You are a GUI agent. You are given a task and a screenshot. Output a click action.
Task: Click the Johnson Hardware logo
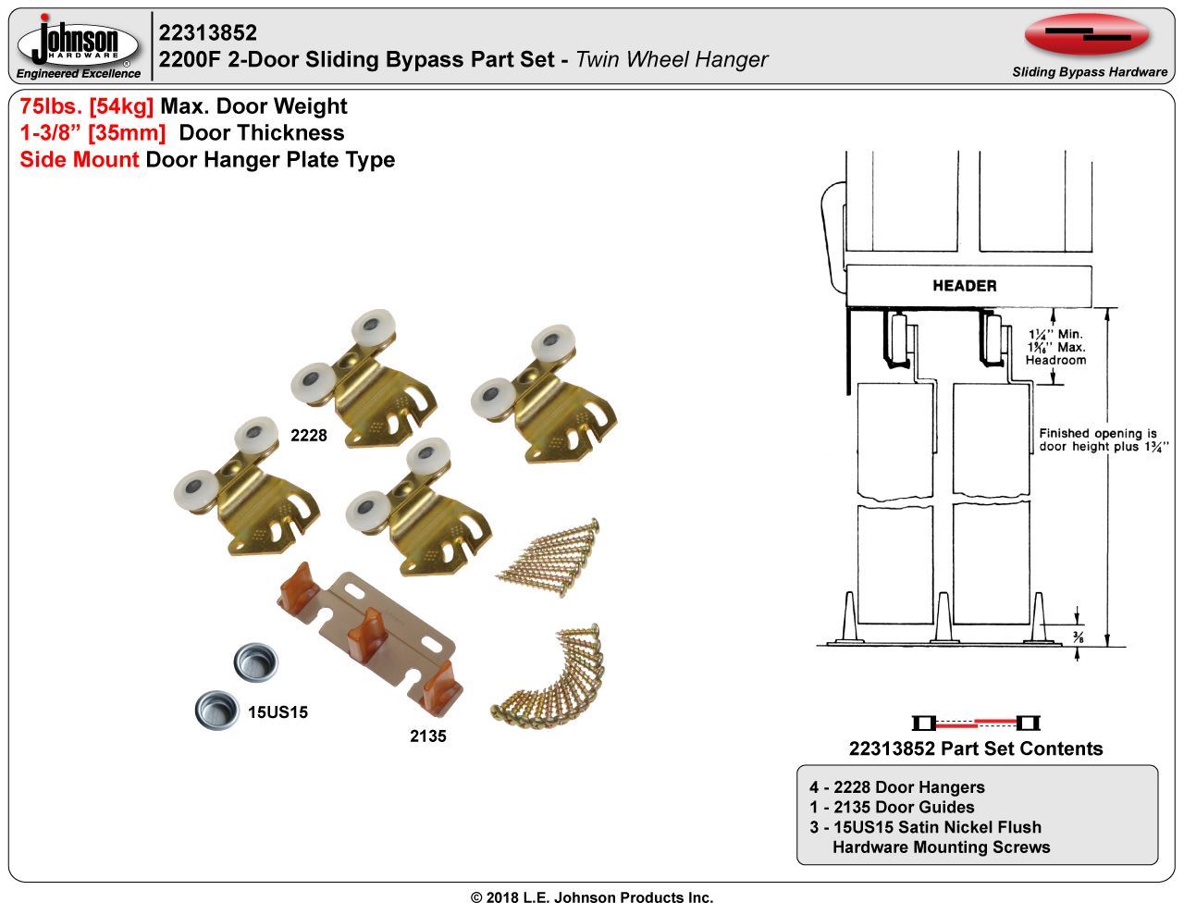pyautogui.click(x=79, y=45)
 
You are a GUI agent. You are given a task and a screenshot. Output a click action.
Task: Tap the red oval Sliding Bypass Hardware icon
pyautogui.click(x=1087, y=36)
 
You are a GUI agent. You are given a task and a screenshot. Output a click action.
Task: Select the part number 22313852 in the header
pyautogui.click(x=208, y=33)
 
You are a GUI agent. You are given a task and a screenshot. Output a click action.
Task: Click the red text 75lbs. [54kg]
pyautogui.click(x=86, y=107)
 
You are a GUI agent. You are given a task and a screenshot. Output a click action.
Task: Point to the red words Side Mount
pyautogui.click(x=80, y=160)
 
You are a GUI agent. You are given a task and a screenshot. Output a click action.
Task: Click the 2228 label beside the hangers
pyautogui.click(x=308, y=436)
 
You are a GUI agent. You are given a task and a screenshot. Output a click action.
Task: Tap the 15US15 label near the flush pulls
pyautogui.click(x=277, y=712)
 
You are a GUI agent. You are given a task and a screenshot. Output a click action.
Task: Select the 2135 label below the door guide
pyautogui.click(x=427, y=736)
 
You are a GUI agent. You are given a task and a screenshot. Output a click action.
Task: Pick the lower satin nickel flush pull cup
pyautogui.click(x=218, y=710)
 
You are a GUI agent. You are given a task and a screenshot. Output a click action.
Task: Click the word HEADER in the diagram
pyautogui.click(x=964, y=286)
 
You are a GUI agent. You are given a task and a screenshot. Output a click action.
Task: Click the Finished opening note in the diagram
pyautogui.click(x=1097, y=440)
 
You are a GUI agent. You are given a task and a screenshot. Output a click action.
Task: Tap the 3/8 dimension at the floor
pyautogui.click(x=1078, y=637)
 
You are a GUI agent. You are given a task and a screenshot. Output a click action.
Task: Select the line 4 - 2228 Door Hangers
pyautogui.click(x=896, y=787)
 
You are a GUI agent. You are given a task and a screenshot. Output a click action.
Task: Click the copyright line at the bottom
pyautogui.click(x=592, y=897)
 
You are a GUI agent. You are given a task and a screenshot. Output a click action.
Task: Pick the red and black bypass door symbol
pyautogui.click(x=976, y=723)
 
